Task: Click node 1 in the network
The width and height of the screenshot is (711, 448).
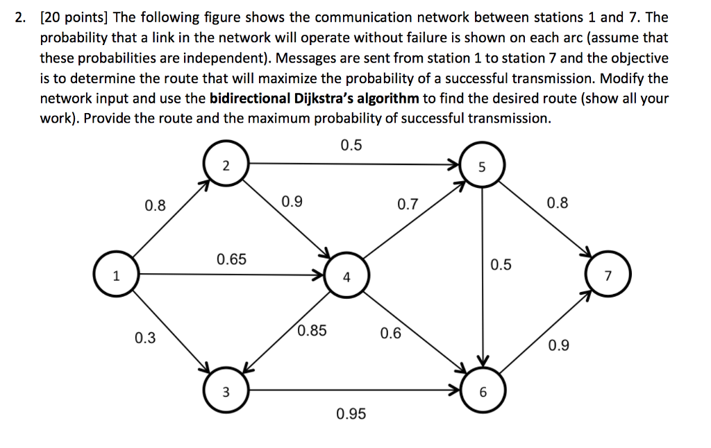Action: pos(116,275)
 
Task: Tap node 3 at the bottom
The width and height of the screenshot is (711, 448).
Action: pos(226,390)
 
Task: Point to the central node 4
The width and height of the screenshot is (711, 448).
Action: pos(347,275)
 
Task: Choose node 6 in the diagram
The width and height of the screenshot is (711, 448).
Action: pos(483,390)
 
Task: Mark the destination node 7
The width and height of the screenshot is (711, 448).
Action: pos(608,275)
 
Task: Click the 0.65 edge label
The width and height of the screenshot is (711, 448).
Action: pos(231,259)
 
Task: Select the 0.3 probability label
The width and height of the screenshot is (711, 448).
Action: pos(145,338)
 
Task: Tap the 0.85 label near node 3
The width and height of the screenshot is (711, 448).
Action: pos(312,330)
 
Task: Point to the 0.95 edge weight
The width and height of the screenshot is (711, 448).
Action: pos(351,413)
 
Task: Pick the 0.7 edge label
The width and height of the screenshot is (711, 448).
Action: pos(408,204)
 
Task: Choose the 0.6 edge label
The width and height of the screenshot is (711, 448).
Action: pos(390,333)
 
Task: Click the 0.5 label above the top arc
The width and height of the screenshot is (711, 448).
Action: pos(351,145)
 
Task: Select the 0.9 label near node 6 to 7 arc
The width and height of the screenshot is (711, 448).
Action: pos(559,345)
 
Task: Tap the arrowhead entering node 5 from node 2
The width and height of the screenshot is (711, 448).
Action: pos(454,164)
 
